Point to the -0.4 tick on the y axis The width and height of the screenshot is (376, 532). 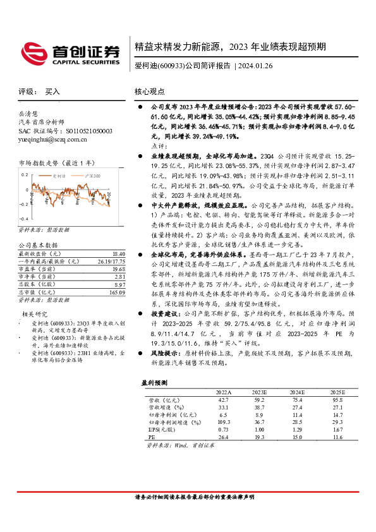point(23,209)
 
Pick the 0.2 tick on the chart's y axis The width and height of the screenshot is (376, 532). point(24,172)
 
